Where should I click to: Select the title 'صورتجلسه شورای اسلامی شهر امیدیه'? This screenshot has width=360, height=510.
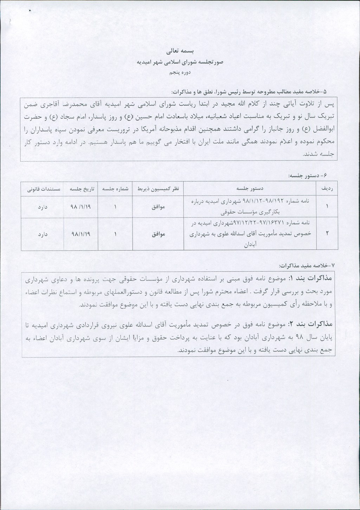pyautogui.click(x=180, y=62)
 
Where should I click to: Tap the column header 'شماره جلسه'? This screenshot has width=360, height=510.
pyautogui.click(x=115, y=189)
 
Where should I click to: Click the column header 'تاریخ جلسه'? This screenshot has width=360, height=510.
pyautogui.click(x=80, y=189)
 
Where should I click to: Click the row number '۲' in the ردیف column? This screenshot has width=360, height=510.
pyautogui.click(x=327, y=234)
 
